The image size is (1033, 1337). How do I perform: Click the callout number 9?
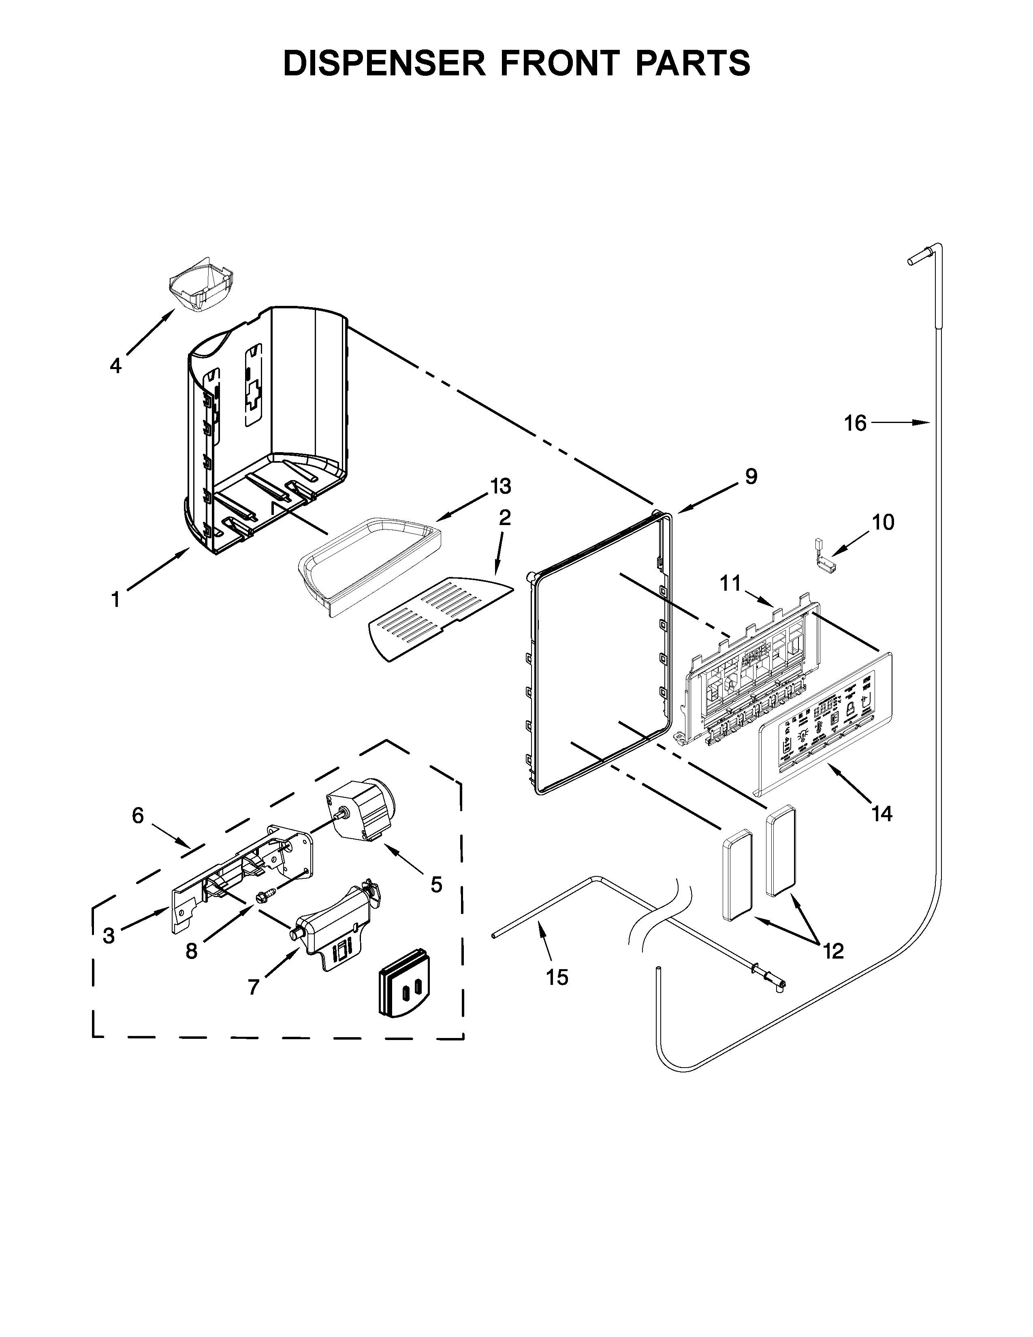tap(751, 476)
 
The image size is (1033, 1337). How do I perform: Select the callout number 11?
tap(730, 583)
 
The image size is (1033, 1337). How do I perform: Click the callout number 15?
tap(557, 977)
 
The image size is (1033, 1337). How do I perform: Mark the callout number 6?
tap(138, 816)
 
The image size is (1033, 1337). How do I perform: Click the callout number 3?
tap(109, 935)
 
